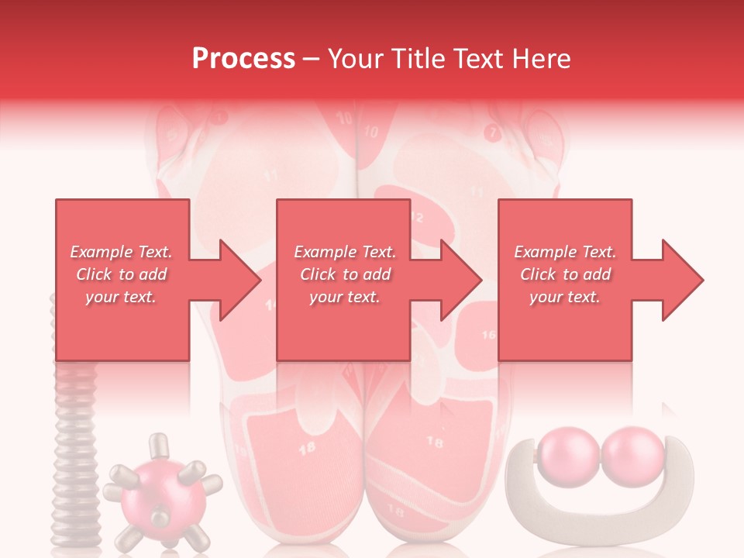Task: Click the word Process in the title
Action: click(x=243, y=59)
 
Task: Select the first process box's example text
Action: click(x=121, y=274)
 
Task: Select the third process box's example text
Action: click(x=565, y=274)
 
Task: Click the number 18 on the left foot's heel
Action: click(x=307, y=447)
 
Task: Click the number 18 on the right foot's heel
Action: click(x=435, y=443)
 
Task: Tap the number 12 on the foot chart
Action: click(x=417, y=218)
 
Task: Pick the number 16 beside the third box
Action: click(x=488, y=335)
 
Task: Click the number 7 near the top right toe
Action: click(x=491, y=132)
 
